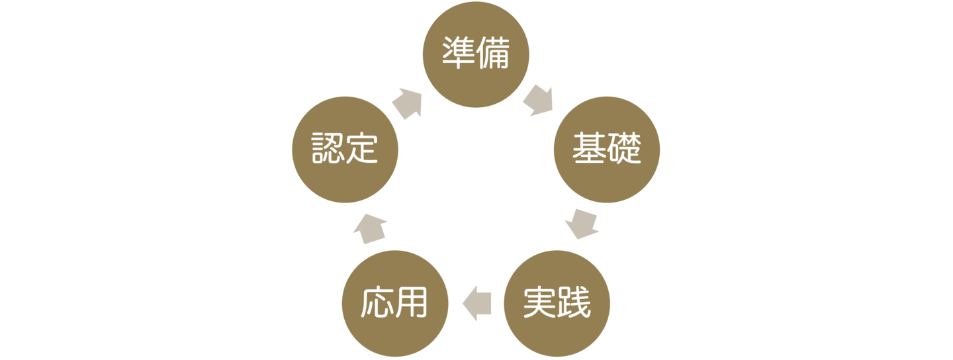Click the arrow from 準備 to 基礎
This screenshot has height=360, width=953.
538,100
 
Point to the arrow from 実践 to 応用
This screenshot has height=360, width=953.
476,302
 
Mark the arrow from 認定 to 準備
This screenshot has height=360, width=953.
408,103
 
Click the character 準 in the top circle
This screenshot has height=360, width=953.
459,55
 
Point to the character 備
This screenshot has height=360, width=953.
493,55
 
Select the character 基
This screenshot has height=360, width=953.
590,150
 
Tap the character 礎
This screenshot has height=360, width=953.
624,150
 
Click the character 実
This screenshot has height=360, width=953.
539,303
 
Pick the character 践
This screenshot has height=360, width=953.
574,303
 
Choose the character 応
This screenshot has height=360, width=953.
378,303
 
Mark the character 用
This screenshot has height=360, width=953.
412,303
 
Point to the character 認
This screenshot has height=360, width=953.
328,150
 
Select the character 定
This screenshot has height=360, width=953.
362,150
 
